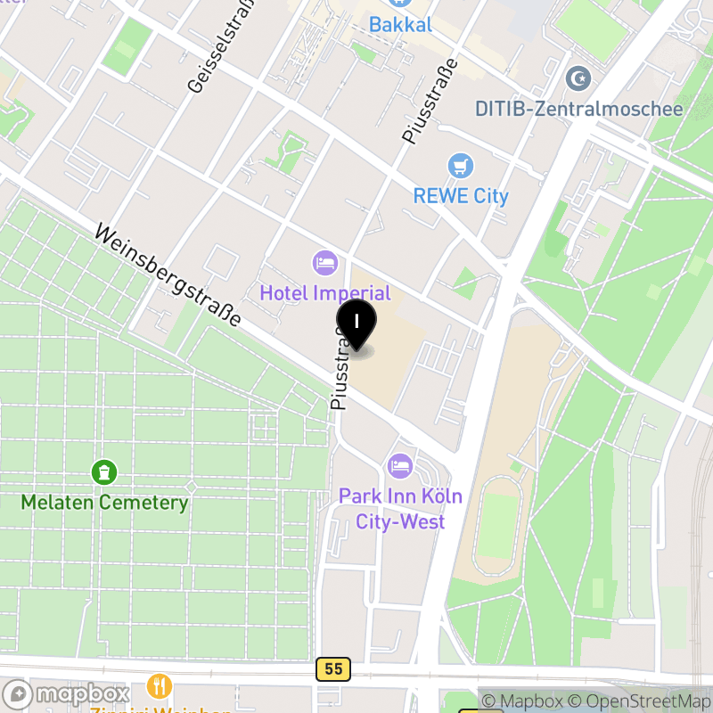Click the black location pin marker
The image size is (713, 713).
point(356,323)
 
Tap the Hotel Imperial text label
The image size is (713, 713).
point(325,293)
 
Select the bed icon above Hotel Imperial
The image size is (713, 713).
point(325,262)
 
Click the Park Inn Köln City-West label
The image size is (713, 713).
point(400,509)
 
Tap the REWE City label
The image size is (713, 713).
point(461,196)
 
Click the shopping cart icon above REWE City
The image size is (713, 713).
point(461,166)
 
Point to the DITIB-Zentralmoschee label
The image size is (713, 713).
point(578,109)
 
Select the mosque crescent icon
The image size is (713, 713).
point(579,78)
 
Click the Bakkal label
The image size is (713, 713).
point(400,24)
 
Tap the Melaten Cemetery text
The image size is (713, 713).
point(104,503)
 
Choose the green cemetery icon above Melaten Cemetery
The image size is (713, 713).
point(104,471)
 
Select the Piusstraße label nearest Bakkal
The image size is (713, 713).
point(429,101)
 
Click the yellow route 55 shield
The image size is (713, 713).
point(332,669)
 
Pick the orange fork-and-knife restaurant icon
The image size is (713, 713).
point(160,686)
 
